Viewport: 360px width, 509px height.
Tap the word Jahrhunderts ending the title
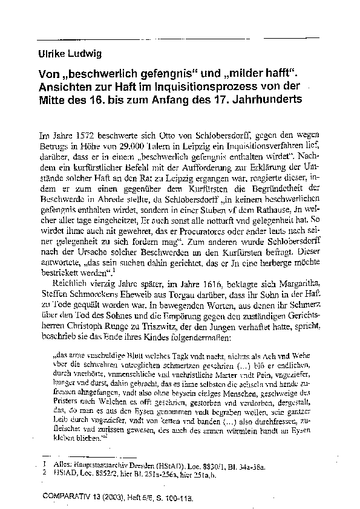[x=267, y=98]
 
